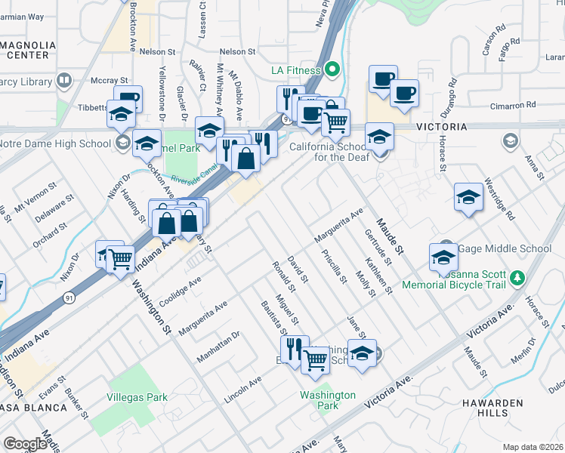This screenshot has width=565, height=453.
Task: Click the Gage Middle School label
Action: point(505,248)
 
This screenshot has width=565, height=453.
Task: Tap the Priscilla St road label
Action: point(333,267)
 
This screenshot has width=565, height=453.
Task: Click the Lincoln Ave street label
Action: point(243,387)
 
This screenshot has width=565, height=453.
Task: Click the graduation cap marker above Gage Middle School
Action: point(469,198)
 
